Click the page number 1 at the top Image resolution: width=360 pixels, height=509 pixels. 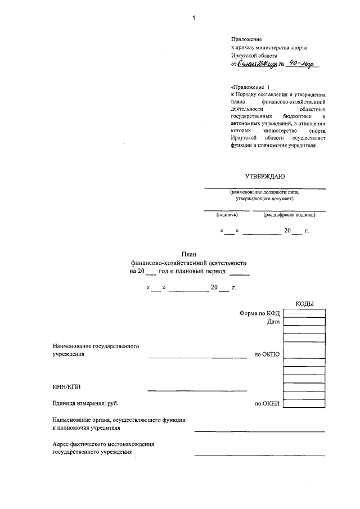(x=193, y=17)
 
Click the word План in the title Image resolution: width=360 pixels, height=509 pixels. (x=188, y=254)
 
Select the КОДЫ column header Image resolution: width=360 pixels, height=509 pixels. (x=304, y=304)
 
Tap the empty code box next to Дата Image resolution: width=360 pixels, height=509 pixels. (x=304, y=322)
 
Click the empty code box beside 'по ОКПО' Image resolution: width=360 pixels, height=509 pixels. (x=304, y=354)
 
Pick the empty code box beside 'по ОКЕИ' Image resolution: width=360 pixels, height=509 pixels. (x=304, y=403)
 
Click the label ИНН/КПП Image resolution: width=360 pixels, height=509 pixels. (x=64, y=386)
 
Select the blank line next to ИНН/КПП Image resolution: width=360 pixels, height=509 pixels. (x=197, y=389)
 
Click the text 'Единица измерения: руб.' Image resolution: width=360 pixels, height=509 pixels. (x=85, y=403)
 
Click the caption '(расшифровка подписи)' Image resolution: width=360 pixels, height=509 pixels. (x=289, y=214)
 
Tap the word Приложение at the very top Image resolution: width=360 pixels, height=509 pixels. (x=246, y=39)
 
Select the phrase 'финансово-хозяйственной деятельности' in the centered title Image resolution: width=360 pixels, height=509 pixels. (x=188, y=263)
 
